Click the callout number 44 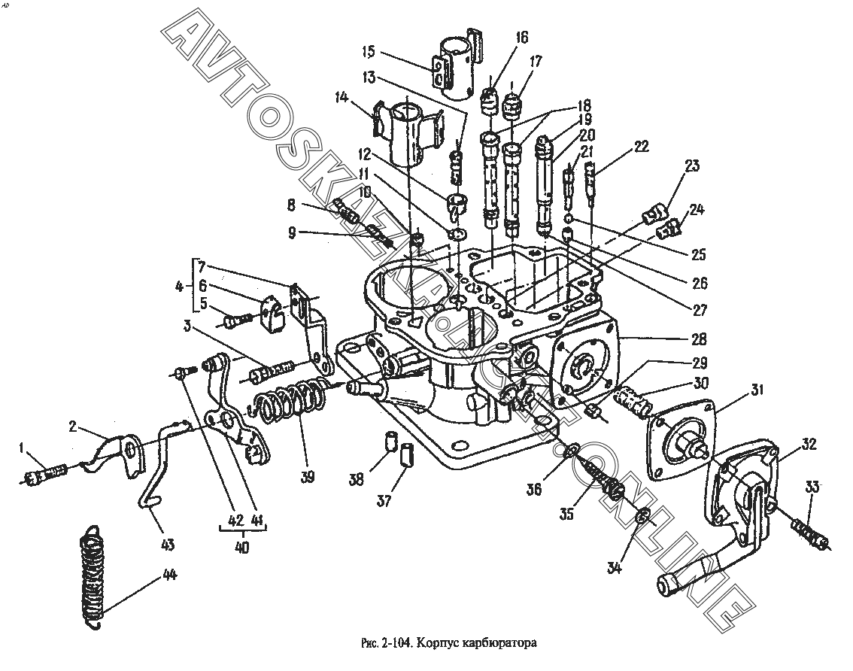[x=170, y=575]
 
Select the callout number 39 [x=308, y=477]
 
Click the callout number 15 [x=369, y=52]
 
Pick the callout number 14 [x=341, y=98]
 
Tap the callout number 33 [x=812, y=487]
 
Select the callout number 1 [x=22, y=448]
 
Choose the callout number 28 [x=699, y=339]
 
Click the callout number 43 [x=167, y=544]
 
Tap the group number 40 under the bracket [x=243, y=548]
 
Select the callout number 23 [x=692, y=165]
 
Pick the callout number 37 [x=384, y=501]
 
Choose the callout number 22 [x=642, y=146]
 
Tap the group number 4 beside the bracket [x=179, y=287]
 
